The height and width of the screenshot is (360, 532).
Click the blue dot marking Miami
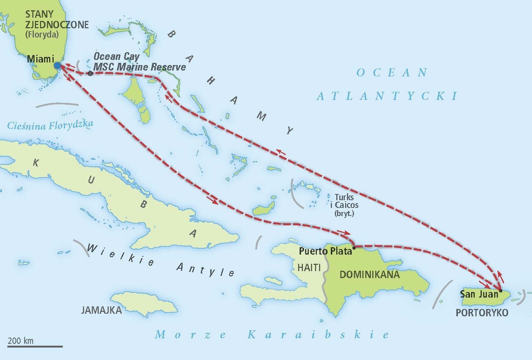57,65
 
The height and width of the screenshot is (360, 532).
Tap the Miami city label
40,59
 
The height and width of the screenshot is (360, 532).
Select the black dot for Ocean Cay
90,74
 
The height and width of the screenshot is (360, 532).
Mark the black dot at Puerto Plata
354,248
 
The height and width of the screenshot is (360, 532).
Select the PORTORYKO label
482,313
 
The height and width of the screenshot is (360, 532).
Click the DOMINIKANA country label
369,274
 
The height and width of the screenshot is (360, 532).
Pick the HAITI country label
309,267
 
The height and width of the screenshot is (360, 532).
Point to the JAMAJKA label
101,310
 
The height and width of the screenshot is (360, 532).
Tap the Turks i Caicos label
344,205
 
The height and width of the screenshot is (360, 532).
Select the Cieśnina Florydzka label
50,126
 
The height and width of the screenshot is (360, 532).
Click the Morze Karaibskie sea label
272,335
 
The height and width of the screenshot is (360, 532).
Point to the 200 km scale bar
35,346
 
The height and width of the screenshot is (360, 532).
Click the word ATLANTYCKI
387,96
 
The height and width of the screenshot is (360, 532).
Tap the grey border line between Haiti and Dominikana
324,279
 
